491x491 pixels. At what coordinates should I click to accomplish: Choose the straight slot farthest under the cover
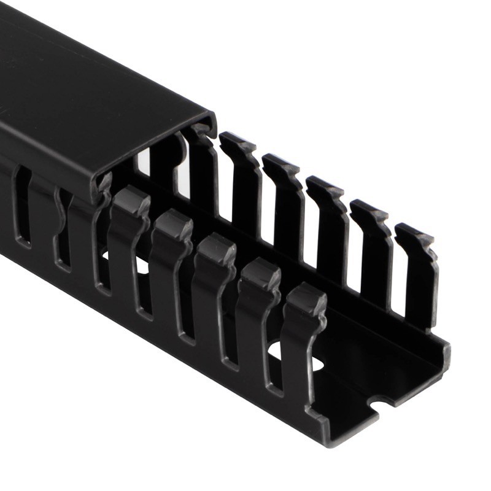point(22,209)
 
